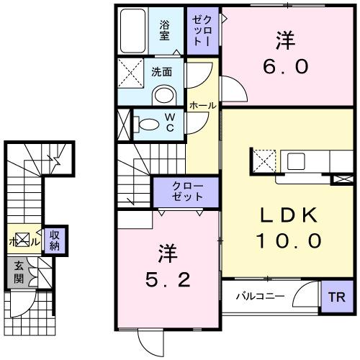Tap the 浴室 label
coord(165,30)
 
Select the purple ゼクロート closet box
coord(202,30)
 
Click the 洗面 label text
coord(161,72)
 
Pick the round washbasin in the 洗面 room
coord(163,95)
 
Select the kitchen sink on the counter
coord(295,158)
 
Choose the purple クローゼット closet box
coord(186,191)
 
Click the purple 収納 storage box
coord(54,240)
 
